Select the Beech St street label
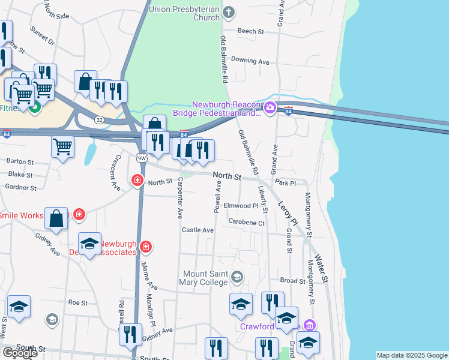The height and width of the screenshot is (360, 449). pos(250,31)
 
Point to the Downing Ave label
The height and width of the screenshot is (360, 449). pos(250,61)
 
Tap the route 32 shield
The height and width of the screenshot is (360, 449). pos(98,119)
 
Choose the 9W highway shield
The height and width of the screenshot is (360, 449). pos(142,158)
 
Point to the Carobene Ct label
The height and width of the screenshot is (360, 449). pos(247,222)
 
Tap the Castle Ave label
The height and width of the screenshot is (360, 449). pos(198,230)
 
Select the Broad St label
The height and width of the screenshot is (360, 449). pos(293,280)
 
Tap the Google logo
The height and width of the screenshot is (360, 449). pos(20,353)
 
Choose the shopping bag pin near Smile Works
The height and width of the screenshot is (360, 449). pos(56,220)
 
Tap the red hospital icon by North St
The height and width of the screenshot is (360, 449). pos(137,180)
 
